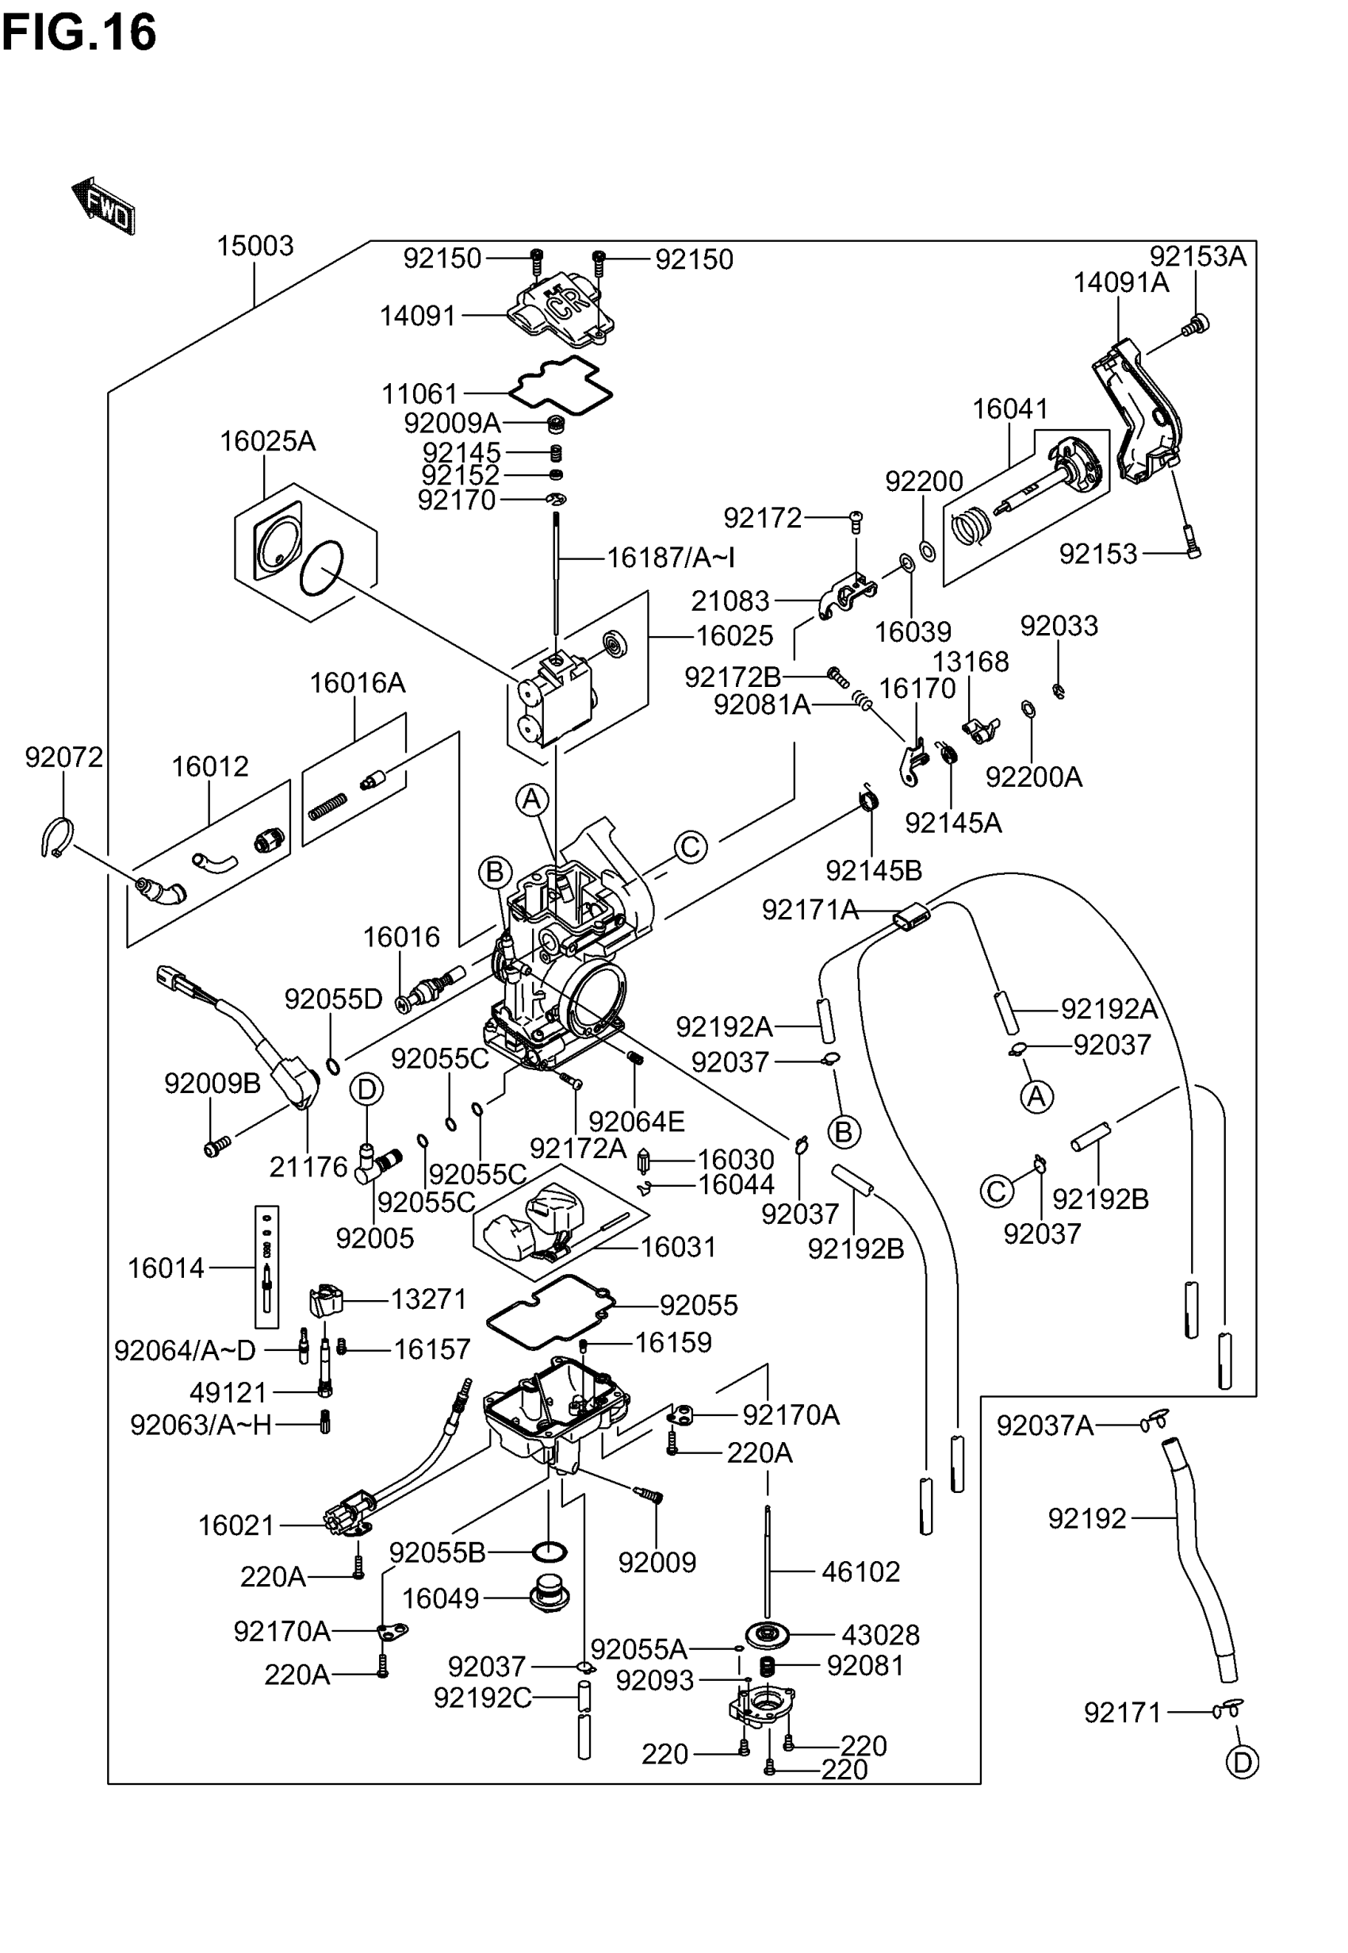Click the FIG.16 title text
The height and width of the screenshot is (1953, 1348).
(x=79, y=34)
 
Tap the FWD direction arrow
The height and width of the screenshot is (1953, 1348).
(x=104, y=205)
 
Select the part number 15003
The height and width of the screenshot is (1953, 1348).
(x=255, y=246)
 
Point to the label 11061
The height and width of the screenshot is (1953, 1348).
(x=419, y=393)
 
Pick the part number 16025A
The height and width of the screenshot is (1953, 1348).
(x=267, y=441)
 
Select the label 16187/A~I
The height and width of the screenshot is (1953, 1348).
(x=671, y=558)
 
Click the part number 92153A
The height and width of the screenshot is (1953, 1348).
(x=1197, y=256)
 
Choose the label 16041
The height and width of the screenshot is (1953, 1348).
(x=1009, y=409)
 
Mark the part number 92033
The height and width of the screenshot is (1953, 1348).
(x=1059, y=626)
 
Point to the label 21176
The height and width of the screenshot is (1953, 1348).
(x=308, y=1167)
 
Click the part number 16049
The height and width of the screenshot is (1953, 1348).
(x=440, y=1598)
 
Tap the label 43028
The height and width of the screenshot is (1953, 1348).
(x=880, y=1635)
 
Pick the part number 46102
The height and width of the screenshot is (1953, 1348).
(x=860, y=1571)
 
